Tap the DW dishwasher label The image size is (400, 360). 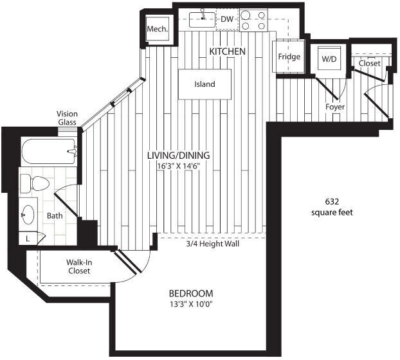coord(226,19)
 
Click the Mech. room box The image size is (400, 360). coord(158,29)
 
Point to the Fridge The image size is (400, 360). coord(289,57)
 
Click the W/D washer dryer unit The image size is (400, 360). coord(329,59)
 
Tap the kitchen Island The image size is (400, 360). coord(205,84)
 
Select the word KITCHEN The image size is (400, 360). coord(226,50)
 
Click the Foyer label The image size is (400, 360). coord(335,107)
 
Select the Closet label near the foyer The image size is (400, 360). coord(369,64)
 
